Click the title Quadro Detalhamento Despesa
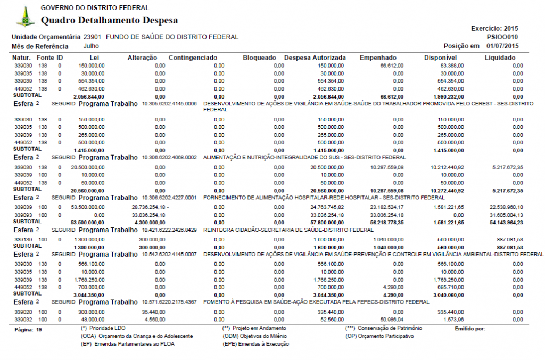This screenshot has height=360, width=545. click(109, 21)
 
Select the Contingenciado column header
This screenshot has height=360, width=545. click(193, 58)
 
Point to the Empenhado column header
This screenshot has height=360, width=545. click(378, 58)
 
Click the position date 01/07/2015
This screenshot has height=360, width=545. click(502, 46)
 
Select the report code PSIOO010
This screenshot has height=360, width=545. click(502, 37)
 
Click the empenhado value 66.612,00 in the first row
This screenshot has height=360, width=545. click(392, 66)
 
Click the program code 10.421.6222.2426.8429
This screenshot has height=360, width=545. click(169, 230)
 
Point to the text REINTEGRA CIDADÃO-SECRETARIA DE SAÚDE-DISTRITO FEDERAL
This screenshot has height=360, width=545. click(288, 230)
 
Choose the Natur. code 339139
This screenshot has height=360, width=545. click(23, 239)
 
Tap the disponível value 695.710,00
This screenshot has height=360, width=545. click(448, 287)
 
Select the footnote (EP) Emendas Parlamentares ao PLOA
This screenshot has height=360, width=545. click(128, 344)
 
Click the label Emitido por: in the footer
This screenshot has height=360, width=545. click(470, 329)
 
